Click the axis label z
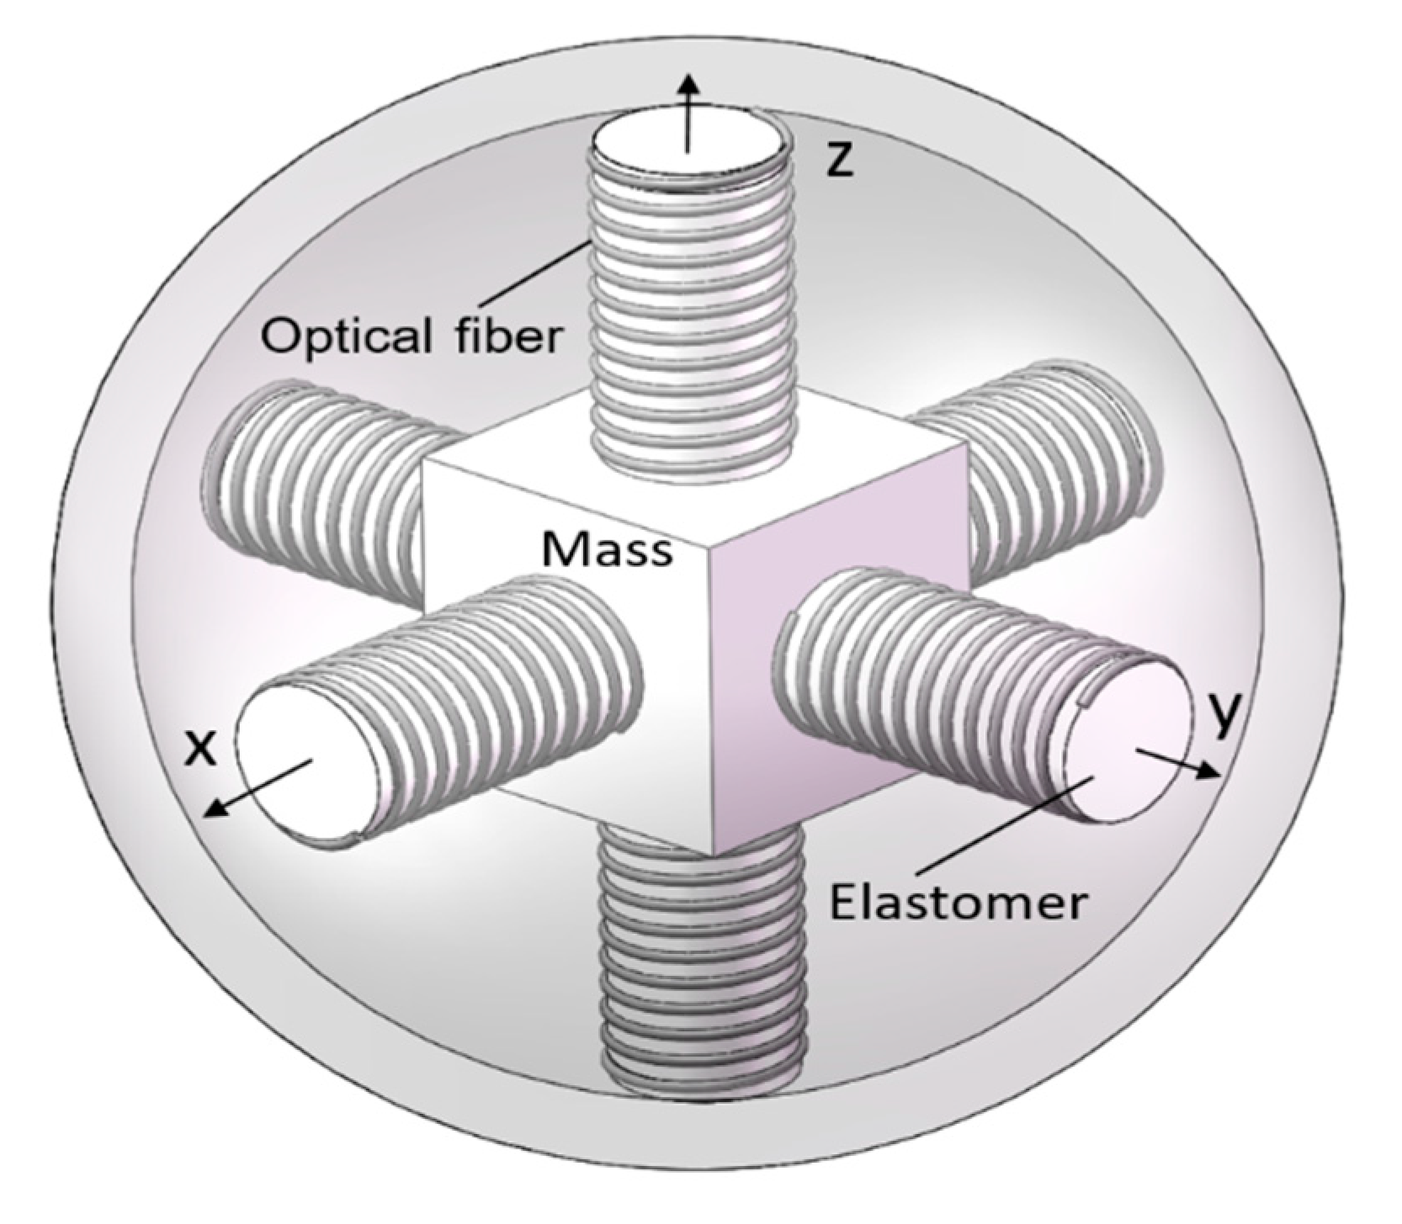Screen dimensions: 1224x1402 click(838, 160)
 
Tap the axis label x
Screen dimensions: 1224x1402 click(199, 747)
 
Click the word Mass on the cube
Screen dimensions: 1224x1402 click(607, 549)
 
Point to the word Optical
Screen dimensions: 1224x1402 click(344, 337)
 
